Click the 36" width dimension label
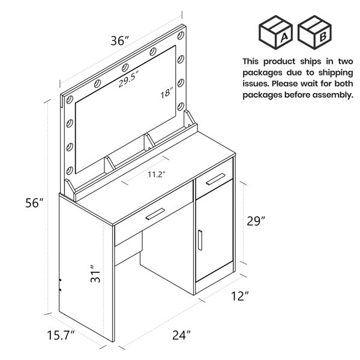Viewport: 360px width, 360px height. tap(120, 41)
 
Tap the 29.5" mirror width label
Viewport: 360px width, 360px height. tap(129, 79)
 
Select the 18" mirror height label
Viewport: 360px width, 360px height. tap(167, 93)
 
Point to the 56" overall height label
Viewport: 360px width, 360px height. tap(34, 203)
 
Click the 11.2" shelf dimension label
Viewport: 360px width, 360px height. tap(157, 175)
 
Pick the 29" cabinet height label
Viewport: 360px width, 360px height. tap(256, 221)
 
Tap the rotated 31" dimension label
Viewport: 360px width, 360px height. tap(95, 274)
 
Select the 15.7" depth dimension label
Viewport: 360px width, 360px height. tap(61, 335)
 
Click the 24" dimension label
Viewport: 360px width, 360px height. tap(181, 335)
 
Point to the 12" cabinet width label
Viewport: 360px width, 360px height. tap(240, 296)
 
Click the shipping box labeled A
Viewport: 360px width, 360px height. tap(275, 32)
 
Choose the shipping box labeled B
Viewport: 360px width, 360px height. tap(314, 32)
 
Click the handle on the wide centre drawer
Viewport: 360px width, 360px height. tap(155, 214)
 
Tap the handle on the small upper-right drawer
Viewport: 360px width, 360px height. tap(215, 179)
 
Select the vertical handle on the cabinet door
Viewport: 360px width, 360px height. tap(200, 240)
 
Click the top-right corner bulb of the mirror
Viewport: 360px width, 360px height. tap(181, 35)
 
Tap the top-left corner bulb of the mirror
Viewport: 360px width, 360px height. tap(70, 100)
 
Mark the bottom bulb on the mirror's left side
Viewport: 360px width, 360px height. tap(70, 170)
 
